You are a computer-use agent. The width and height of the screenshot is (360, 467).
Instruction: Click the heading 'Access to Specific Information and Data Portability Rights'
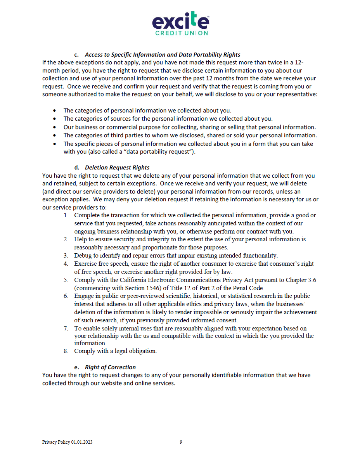coord(163,55)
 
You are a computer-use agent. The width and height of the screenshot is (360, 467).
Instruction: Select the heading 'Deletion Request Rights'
coord(117,168)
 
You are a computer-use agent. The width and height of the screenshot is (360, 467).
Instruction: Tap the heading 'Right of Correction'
coord(110,367)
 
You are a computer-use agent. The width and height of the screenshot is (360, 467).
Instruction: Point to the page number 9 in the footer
coord(181,442)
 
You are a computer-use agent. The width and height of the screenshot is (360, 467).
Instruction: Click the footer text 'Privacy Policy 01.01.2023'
coord(67,442)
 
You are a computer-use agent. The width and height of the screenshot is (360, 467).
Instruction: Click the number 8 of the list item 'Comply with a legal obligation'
coord(66,351)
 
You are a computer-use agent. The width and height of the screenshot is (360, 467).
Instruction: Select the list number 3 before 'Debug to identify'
coord(66,256)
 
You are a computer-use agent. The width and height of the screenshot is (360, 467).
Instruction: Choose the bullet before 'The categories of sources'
coord(55,119)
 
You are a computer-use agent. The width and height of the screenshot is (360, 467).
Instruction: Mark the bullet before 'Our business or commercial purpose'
coord(55,127)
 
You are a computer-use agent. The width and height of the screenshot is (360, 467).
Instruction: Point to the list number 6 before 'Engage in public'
coord(66,296)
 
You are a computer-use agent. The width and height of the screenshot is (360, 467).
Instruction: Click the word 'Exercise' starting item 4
coord(86,264)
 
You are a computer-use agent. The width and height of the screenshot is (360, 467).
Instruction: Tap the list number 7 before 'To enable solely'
coord(66,328)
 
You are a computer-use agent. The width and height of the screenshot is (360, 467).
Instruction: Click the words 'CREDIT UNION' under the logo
coord(182,33)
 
